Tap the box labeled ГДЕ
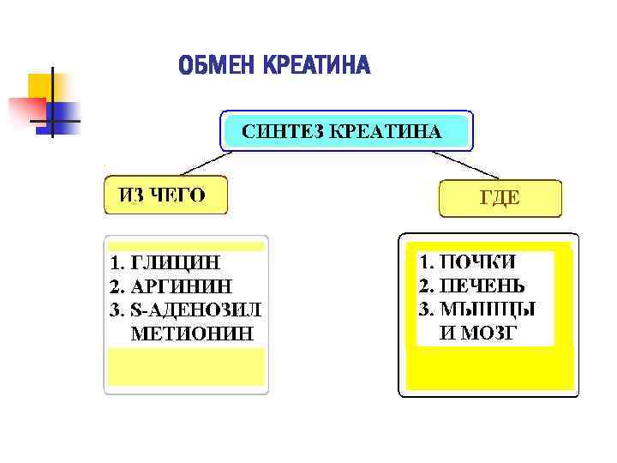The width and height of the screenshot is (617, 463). (x=500, y=198)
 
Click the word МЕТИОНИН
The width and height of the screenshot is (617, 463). (x=192, y=333)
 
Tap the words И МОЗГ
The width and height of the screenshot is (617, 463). (x=477, y=333)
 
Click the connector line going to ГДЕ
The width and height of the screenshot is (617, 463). (x=463, y=165)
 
